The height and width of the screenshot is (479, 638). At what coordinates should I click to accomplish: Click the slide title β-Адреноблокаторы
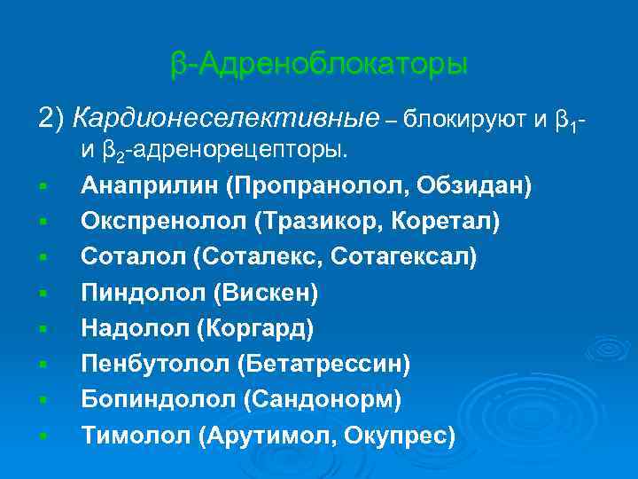[319, 65]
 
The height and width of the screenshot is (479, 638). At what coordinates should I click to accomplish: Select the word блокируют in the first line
[466, 116]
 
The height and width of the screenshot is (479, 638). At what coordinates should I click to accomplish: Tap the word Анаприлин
[148, 186]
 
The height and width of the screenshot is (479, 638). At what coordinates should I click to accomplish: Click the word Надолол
[135, 328]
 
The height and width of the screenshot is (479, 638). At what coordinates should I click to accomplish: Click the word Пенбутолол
[152, 364]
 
